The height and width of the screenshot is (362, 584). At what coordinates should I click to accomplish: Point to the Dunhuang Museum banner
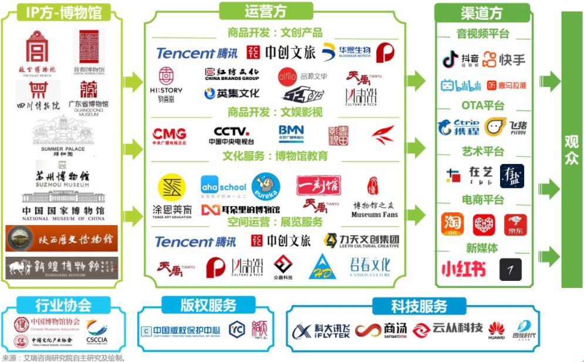pyautogui.click(x=62, y=268)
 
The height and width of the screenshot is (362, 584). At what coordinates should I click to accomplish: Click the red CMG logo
pyautogui.click(x=169, y=135)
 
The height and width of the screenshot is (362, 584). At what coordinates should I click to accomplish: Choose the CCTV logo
pyautogui.click(x=231, y=135)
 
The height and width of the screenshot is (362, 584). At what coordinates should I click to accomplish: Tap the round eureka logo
pyautogui.click(x=265, y=187)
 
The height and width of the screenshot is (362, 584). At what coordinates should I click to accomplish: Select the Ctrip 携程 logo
pyautogui.click(x=459, y=127)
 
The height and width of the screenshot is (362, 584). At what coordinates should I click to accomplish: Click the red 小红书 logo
pyautogui.click(x=464, y=269)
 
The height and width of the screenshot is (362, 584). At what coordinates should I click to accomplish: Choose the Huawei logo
pyautogui.click(x=496, y=331)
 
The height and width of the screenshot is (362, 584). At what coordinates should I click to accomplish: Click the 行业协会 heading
pyautogui.click(x=63, y=306)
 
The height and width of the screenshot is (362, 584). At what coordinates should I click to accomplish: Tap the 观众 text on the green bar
pyautogui.click(x=571, y=150)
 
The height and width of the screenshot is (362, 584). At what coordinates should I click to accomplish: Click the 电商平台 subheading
pyautogui.click(x=482, y=200)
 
